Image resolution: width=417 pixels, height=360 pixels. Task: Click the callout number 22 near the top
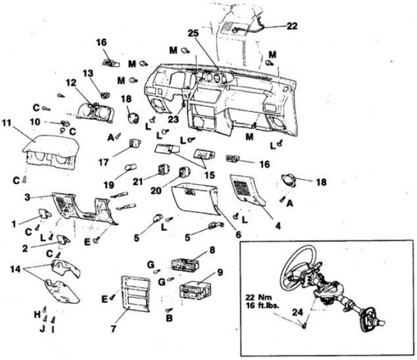tap(292, 26)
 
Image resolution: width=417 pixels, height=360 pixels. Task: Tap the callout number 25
tap(193, 33)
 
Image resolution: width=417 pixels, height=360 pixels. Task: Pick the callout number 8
tap(212, 249)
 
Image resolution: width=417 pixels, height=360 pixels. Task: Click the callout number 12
tap(70, 83)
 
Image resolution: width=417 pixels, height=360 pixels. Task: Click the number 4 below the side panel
tap(278, 226)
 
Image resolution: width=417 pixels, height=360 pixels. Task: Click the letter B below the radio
tap(169, 318)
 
